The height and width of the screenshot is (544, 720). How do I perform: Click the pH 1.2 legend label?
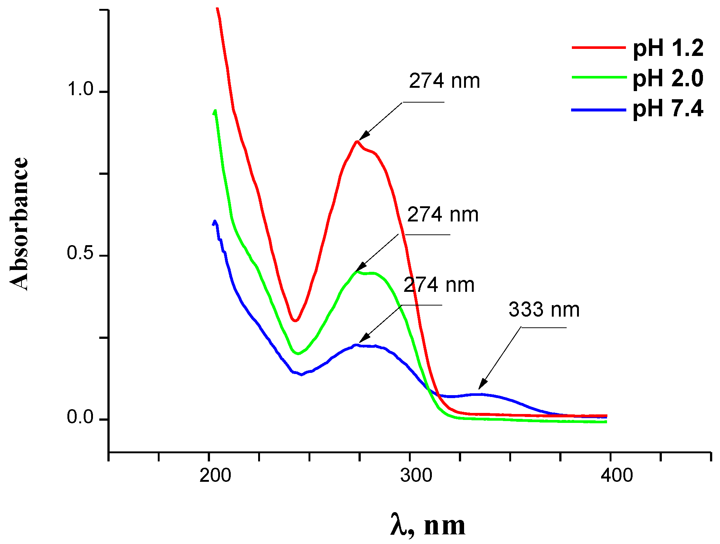(x=668, y=48)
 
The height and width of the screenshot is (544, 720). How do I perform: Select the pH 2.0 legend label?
(x=668, y=79)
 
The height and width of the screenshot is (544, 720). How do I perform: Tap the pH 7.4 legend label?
(x=668, y=109)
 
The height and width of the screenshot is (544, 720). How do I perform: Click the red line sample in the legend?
(x=599, y=47)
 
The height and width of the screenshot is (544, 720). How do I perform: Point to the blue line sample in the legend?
(x=599, y=110)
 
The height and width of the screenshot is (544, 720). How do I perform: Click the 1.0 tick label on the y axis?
(x=80, y=89)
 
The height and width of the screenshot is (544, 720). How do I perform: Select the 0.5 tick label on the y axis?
(x=80, y=253)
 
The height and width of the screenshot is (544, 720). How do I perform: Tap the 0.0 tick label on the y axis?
(x=80, y=417)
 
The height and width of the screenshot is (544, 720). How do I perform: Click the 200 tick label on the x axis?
(x=215, y=475)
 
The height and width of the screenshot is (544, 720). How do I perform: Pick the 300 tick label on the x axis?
(x=416, y=475)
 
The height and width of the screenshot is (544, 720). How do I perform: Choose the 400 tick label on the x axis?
(x=617, y=475)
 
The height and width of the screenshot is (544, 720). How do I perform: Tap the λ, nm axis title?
(x=428, y=525)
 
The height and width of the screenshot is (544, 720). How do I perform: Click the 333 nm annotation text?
(x=544, y=310)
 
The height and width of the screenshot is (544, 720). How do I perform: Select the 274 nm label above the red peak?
(x=444, y=81)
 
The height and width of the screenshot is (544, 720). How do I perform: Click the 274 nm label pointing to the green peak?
(x=443, y=215)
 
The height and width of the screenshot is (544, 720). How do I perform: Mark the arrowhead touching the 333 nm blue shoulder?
(x=481, y=386)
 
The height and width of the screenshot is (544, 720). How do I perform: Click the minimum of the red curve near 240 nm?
(x=295, y=320)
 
